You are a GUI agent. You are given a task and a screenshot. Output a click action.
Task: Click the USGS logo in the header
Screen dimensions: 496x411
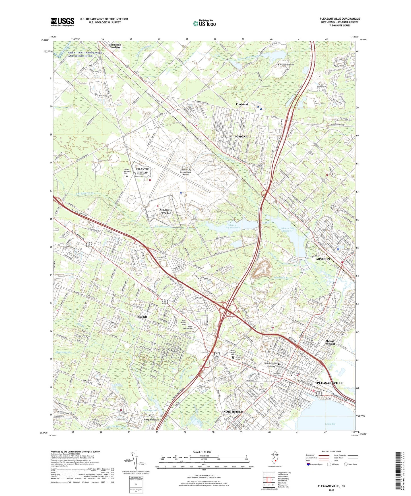tap(63, 22)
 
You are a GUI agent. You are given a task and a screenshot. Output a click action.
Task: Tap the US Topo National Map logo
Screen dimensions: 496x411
tap(204, 23)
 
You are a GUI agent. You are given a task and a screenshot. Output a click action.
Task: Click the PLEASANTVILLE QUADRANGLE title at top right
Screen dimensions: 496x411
tap(340, 19)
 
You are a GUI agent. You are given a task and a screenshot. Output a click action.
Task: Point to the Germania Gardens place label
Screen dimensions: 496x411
tap(115, 46)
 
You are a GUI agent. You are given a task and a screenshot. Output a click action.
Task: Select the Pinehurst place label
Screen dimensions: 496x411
tap(242, 104)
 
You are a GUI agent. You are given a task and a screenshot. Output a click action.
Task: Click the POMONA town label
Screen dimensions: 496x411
tap(241, 137)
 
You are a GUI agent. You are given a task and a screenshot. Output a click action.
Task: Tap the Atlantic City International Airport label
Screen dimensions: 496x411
tap(186, 172)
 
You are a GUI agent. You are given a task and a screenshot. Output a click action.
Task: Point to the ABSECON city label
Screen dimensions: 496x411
tap(323, 259)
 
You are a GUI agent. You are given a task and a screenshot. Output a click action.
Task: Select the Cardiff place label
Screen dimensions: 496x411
tap(142, 317)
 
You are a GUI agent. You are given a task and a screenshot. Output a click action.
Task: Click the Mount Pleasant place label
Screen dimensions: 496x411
tap(330, 342)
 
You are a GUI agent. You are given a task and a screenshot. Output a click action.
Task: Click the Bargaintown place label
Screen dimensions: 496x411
tap(151, 420)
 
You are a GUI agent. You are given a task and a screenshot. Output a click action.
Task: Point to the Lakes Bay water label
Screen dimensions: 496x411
tap(330, 424)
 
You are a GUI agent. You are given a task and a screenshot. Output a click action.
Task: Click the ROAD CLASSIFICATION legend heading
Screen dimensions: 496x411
tap(331, 451)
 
